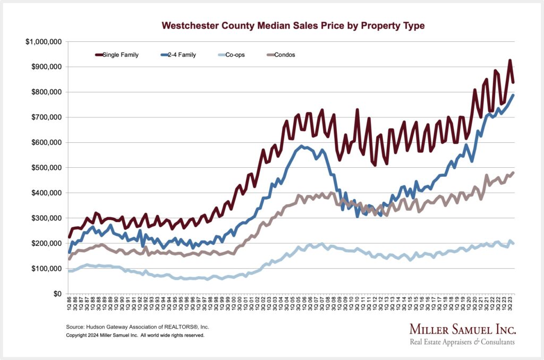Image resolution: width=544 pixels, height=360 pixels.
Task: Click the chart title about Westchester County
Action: pos(293,25)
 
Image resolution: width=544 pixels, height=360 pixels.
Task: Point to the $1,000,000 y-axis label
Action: pos(44,42)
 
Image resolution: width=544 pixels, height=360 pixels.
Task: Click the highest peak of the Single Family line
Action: pos(509,61)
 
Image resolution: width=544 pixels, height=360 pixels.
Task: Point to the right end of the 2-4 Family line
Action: pos(513,95)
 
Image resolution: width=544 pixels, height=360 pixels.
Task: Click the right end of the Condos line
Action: pos(513,173)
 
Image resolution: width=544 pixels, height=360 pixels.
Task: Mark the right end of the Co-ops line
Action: pos(513,243)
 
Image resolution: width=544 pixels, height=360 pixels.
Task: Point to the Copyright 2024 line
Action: pos(135,336)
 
